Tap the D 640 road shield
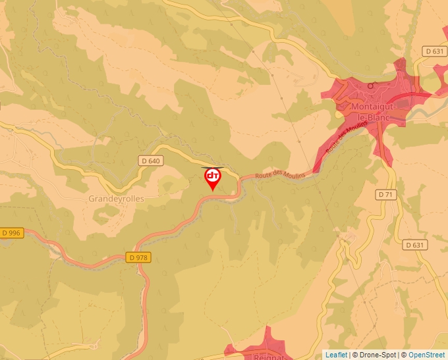pos(150,161)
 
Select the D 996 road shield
pos(11,232)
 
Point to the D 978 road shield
pos(138,257)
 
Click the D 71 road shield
pos(385,195)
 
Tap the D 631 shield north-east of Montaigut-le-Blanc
pos(434,51)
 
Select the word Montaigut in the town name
pos(374,107)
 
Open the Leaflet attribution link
pos(336,355)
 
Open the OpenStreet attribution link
pos(428,355)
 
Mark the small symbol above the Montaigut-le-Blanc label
pos(372,86)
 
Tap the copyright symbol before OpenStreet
pos(404,355)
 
